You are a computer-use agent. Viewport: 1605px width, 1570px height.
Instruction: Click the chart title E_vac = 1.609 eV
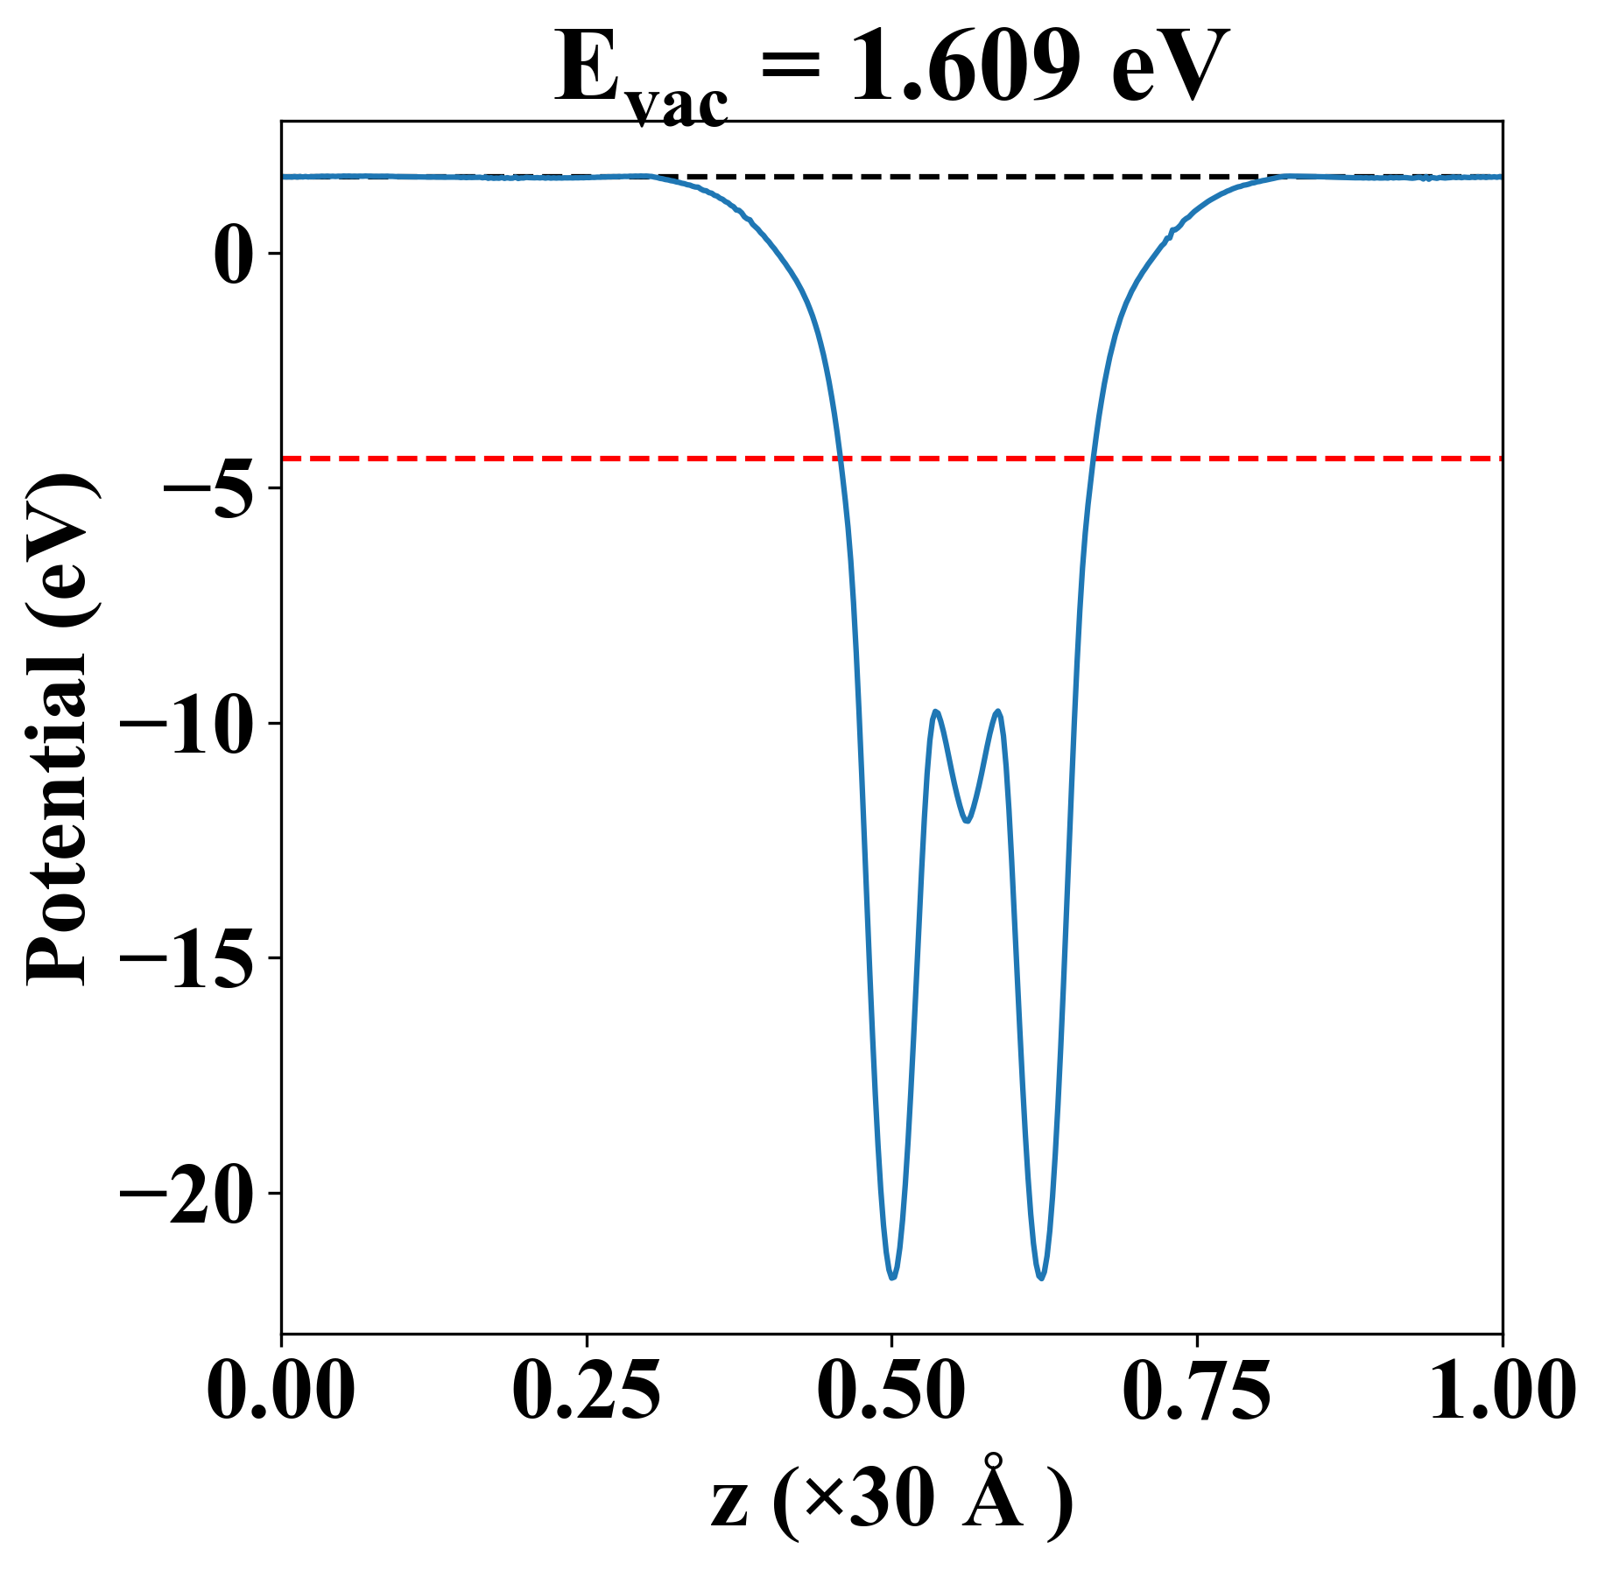coord(891,70)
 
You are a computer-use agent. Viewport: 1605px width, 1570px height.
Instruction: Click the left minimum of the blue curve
coord(892,1278)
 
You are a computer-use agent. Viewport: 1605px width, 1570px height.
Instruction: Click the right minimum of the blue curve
coord(1041,1278)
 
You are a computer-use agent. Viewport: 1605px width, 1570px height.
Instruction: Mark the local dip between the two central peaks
coord(967,821)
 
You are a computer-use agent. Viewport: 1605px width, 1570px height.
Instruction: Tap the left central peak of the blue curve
coord(936,711)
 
